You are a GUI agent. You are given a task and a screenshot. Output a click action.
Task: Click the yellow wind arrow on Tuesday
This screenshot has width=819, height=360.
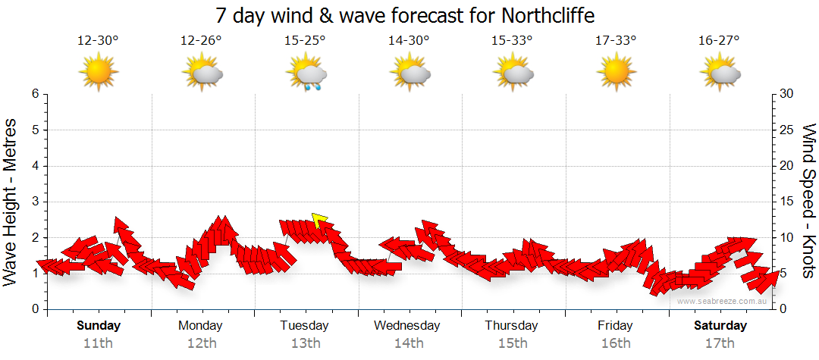click(319, 221)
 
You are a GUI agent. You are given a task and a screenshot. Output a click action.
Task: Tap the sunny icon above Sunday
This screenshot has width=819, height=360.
click(99, 73)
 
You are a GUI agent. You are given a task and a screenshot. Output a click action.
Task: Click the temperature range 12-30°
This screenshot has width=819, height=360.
click(98, 41)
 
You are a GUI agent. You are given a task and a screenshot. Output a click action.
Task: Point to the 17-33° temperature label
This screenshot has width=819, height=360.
click(615, 41)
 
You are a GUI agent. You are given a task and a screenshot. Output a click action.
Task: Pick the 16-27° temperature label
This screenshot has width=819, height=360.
click(719, 41)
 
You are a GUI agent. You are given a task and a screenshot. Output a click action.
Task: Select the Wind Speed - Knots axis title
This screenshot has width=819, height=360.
click(808, 200)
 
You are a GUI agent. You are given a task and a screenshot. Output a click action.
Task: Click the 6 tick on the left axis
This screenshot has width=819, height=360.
click(34, 94)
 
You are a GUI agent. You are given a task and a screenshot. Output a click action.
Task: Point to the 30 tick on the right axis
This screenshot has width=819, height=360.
click(787, 94)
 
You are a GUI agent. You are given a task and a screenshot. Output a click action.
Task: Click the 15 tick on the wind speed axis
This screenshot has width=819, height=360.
click(786, 202)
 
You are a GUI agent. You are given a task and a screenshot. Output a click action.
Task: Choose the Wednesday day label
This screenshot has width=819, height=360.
click(407, 326)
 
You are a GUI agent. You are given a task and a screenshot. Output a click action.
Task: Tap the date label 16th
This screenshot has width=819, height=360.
click(615, 343)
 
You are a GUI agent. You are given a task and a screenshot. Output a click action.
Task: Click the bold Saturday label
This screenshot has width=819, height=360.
click(720, 326)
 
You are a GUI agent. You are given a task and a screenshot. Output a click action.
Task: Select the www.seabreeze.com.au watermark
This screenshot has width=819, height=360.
click(724, 301)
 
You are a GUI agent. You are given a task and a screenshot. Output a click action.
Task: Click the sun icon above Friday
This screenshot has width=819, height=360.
click(615, 73)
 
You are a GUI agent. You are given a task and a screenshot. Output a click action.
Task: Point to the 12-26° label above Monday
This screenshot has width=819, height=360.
click(201, 41)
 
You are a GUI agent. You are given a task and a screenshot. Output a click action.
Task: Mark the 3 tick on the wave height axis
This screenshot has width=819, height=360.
click(34, 202)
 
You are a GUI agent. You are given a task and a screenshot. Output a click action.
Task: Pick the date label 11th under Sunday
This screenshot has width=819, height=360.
click(99, 343)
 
